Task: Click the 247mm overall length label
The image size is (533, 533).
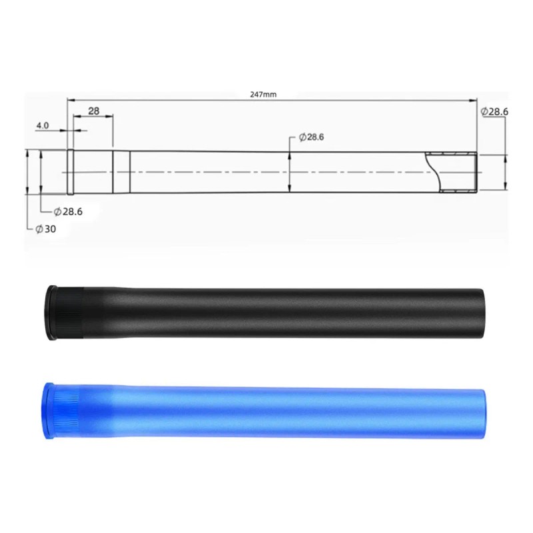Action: pos(263,95)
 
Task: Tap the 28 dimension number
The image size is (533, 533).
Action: pos(93,111)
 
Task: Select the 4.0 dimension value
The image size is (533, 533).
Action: pos(43,125)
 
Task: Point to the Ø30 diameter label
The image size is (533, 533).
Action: pos(46,229)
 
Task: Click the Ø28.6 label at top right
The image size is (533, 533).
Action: pos(494,111)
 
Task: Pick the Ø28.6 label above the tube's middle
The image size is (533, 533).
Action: pos(311,137)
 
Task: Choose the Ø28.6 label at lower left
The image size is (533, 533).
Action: pos(68,212)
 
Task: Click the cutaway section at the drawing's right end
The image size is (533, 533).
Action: pos(452,172)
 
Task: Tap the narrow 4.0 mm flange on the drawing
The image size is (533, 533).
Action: pos(71,172)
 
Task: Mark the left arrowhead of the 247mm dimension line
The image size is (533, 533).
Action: pos(71,100)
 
